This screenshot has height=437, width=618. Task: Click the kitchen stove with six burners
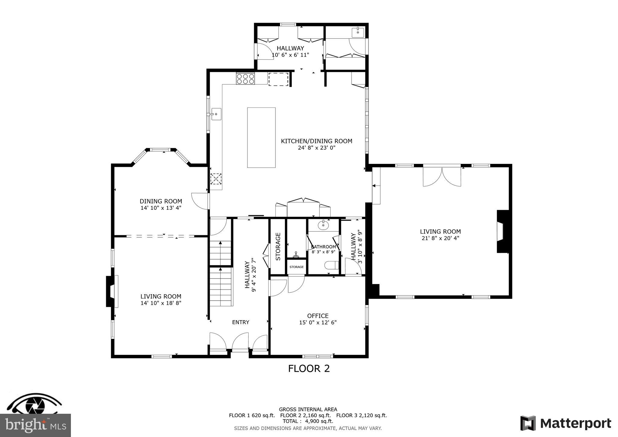click(245, 79)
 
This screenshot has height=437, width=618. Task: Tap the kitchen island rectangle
click(261, 137)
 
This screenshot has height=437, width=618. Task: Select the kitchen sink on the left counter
click(216, 114)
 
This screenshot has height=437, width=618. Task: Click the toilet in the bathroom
click(332, 265)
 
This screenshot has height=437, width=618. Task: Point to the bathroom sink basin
click(323, 225)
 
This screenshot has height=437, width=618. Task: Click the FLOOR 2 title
click(309, 368)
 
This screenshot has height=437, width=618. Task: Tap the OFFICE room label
click(317, 316)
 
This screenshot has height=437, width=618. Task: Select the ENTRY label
click(241, 322)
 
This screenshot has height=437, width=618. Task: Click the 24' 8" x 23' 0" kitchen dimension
click(316, 148)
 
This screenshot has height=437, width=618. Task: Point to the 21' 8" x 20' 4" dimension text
click(440, 238)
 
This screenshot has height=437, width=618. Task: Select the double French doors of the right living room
click(442, 177)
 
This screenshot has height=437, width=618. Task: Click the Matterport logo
click(565, 423)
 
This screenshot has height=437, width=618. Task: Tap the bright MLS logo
click(35, 425)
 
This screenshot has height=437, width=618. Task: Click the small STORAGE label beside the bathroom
click(296, 267)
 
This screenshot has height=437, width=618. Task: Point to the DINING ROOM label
click(161, 201)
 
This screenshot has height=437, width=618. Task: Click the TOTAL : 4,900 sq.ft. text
click(308, 421)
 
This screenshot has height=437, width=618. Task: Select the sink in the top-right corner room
click(358, 32)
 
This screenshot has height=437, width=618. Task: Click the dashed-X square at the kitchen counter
click(216, 179)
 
